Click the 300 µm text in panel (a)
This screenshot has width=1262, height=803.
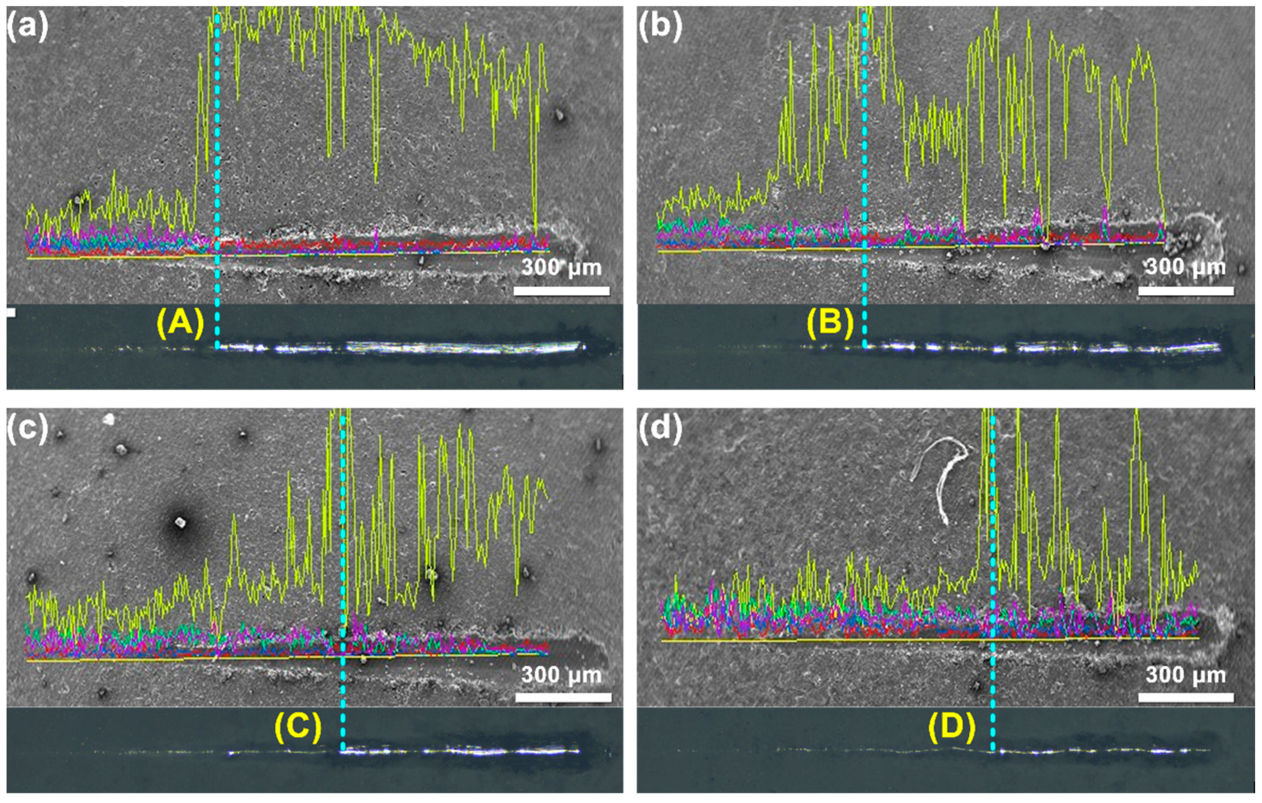561,269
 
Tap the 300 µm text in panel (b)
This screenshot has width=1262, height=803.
1186,267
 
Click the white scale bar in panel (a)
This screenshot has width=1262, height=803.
561,291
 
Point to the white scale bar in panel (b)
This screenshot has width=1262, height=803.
1186,291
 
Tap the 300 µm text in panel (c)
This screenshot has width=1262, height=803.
561,675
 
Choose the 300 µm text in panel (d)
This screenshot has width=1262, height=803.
1186,675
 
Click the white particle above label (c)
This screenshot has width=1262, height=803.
109,418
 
